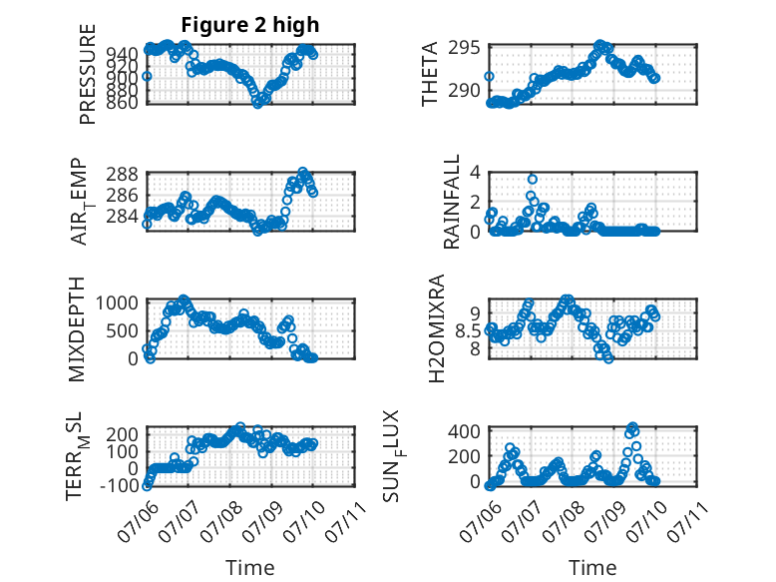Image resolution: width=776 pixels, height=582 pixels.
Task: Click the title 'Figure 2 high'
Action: click(250, 24)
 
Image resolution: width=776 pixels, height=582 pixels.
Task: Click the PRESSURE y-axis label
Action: click(87, 74)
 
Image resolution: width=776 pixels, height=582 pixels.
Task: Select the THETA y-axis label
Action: click(430, 74)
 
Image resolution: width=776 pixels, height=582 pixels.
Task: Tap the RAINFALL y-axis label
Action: click(452, 202)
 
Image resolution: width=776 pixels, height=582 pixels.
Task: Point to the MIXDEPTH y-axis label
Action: click(77, 329)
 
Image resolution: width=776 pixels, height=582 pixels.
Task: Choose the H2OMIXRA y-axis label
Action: click(436, 328)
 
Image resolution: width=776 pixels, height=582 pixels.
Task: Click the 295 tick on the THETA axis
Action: click(464, 48)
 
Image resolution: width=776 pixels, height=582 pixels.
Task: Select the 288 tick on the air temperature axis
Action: click(122, 175)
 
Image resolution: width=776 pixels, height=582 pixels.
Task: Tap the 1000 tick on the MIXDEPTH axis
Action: click(117, 302)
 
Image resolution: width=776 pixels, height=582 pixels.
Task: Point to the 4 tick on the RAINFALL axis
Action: click(475, 173)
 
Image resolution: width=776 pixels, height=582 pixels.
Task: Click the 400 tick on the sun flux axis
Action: click(464, 431)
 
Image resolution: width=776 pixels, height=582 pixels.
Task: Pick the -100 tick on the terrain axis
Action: click(120, 485)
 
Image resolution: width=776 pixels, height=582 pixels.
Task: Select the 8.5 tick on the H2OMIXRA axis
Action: click(467, 330)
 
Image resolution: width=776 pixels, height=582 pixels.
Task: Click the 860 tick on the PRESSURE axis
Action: click(123, 102)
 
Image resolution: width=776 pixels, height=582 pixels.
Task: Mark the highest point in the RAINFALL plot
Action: click(532, 180)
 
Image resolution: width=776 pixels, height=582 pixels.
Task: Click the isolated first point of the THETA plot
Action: click(489, 76)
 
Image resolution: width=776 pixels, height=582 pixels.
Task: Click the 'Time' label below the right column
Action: click(592, 567)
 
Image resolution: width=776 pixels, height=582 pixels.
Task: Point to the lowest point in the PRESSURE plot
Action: click(257, 104)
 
